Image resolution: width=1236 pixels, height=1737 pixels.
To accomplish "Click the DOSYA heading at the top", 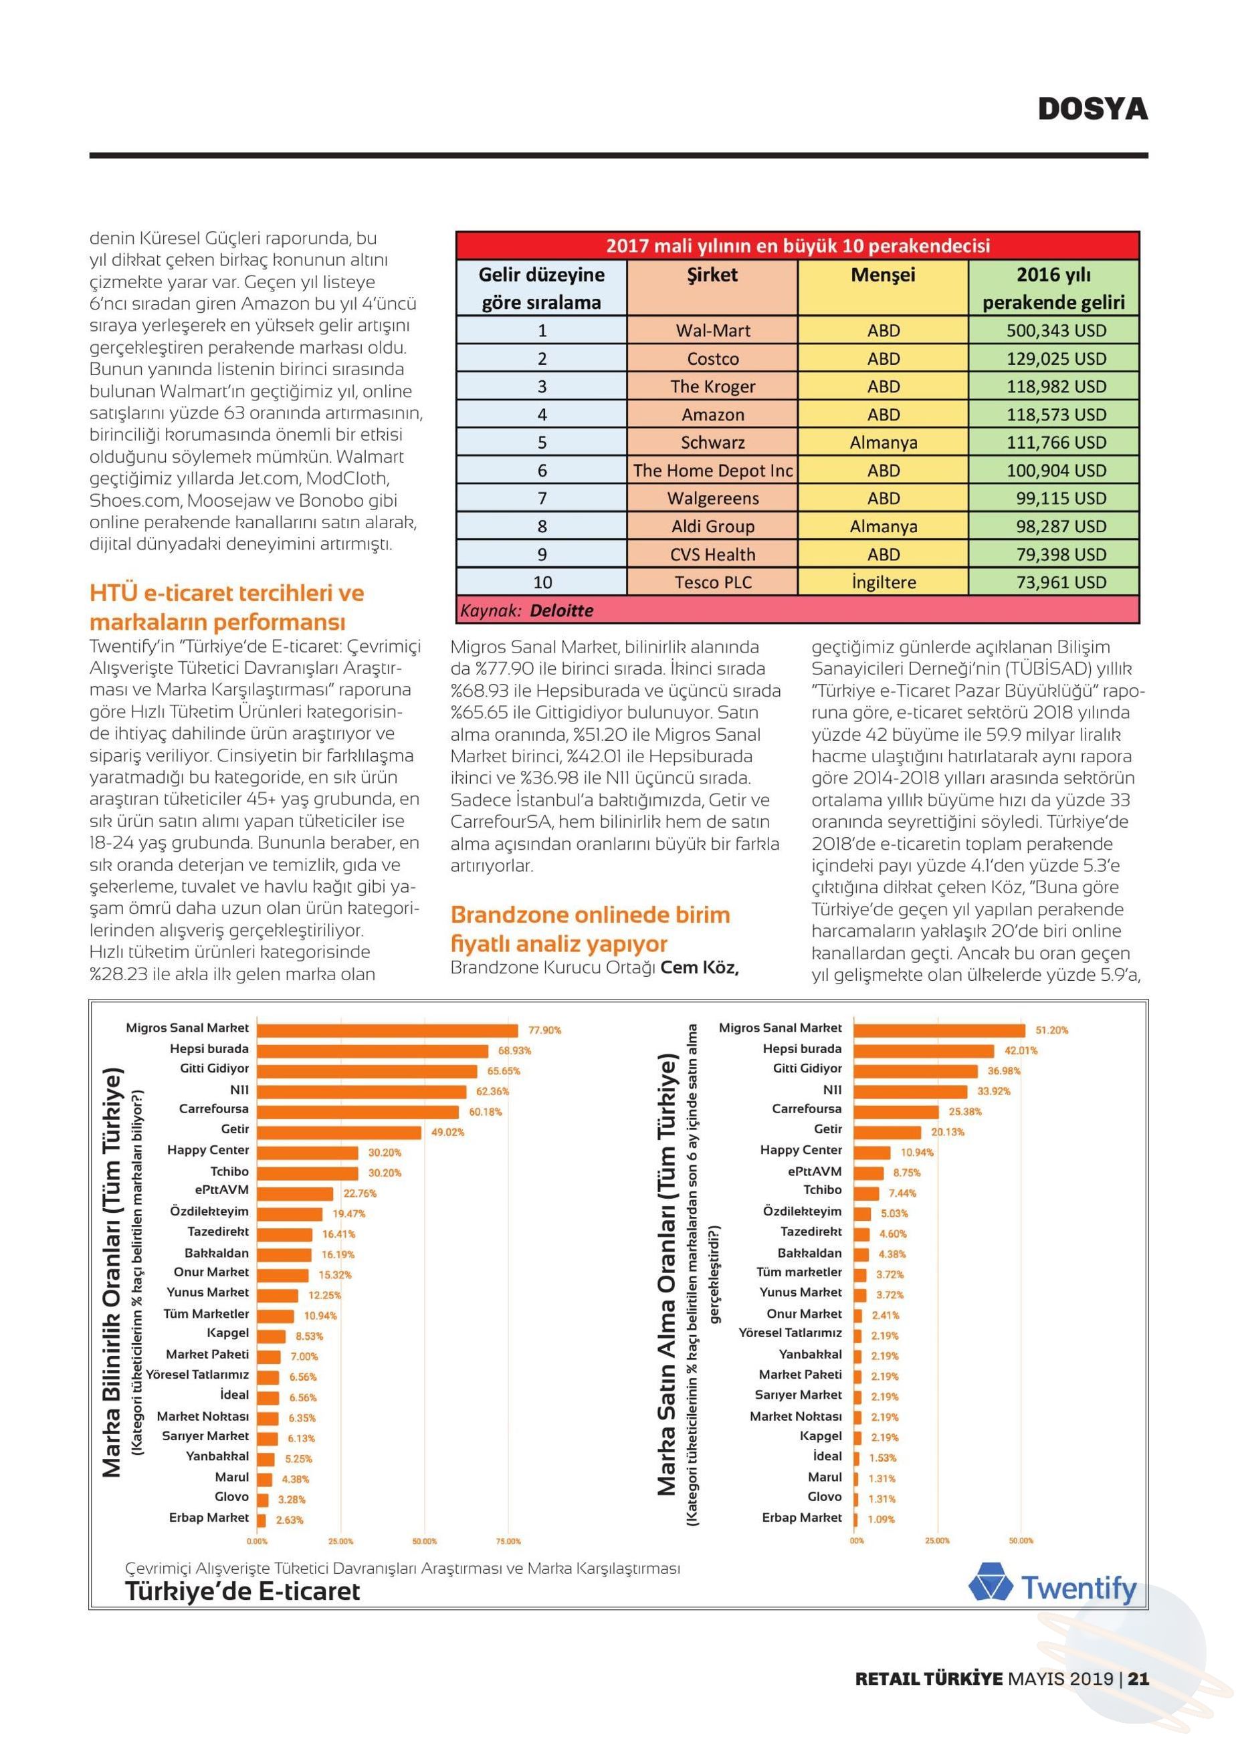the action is coord(1093,109).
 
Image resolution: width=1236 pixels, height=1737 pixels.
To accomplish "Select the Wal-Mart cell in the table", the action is coord(712,330).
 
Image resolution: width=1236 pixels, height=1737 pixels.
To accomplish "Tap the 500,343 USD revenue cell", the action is coord(1054,330).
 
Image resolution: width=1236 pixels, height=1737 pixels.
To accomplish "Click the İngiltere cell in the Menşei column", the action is coord(883,582).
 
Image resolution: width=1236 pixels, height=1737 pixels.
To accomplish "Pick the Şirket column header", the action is coord(712,275).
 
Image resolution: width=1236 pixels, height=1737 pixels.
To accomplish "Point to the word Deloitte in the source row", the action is coord(561,610).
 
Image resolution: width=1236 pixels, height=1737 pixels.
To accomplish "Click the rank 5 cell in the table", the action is coord(542,442).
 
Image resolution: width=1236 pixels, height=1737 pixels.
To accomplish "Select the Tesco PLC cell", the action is coord(712,582).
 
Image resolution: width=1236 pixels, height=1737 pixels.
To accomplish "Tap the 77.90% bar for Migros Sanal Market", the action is coord(387,1030).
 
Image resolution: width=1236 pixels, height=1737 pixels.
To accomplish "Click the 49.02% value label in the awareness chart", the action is coord(447,1132).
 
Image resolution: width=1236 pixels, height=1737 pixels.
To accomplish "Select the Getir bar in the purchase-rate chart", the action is coord(888,1132).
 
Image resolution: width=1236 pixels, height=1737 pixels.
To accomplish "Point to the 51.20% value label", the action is coord(1052,1030).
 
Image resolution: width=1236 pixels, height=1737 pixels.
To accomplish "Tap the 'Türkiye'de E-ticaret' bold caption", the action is coord(242,1592).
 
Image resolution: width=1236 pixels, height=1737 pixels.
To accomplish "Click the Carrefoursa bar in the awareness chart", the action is coord(358,1112).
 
